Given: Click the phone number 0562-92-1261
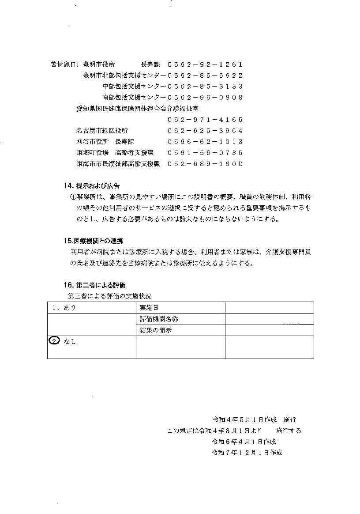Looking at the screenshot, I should tap(205, 64).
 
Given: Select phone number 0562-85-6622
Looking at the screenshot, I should tap(205, 76).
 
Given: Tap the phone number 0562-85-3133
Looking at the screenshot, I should tap(205, 87).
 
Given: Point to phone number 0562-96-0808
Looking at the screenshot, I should tap(205, 98).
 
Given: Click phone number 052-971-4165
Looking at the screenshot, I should tap(205, 120).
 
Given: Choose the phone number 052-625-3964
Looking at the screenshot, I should tap(205, 131).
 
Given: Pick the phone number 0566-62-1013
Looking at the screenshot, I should tap(205, 142).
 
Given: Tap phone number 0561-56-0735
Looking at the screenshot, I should tap(205, 153).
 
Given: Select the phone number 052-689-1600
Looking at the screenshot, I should tap(205, 164).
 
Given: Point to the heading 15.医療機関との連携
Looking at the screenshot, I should tap(93, 241).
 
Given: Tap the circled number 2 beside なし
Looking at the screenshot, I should tap(53, 341).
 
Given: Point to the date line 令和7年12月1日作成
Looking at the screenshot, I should tap(247, 453).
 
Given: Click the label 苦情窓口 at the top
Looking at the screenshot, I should tap(65, 64).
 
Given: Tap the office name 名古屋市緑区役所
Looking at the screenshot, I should tap(102, 131).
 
